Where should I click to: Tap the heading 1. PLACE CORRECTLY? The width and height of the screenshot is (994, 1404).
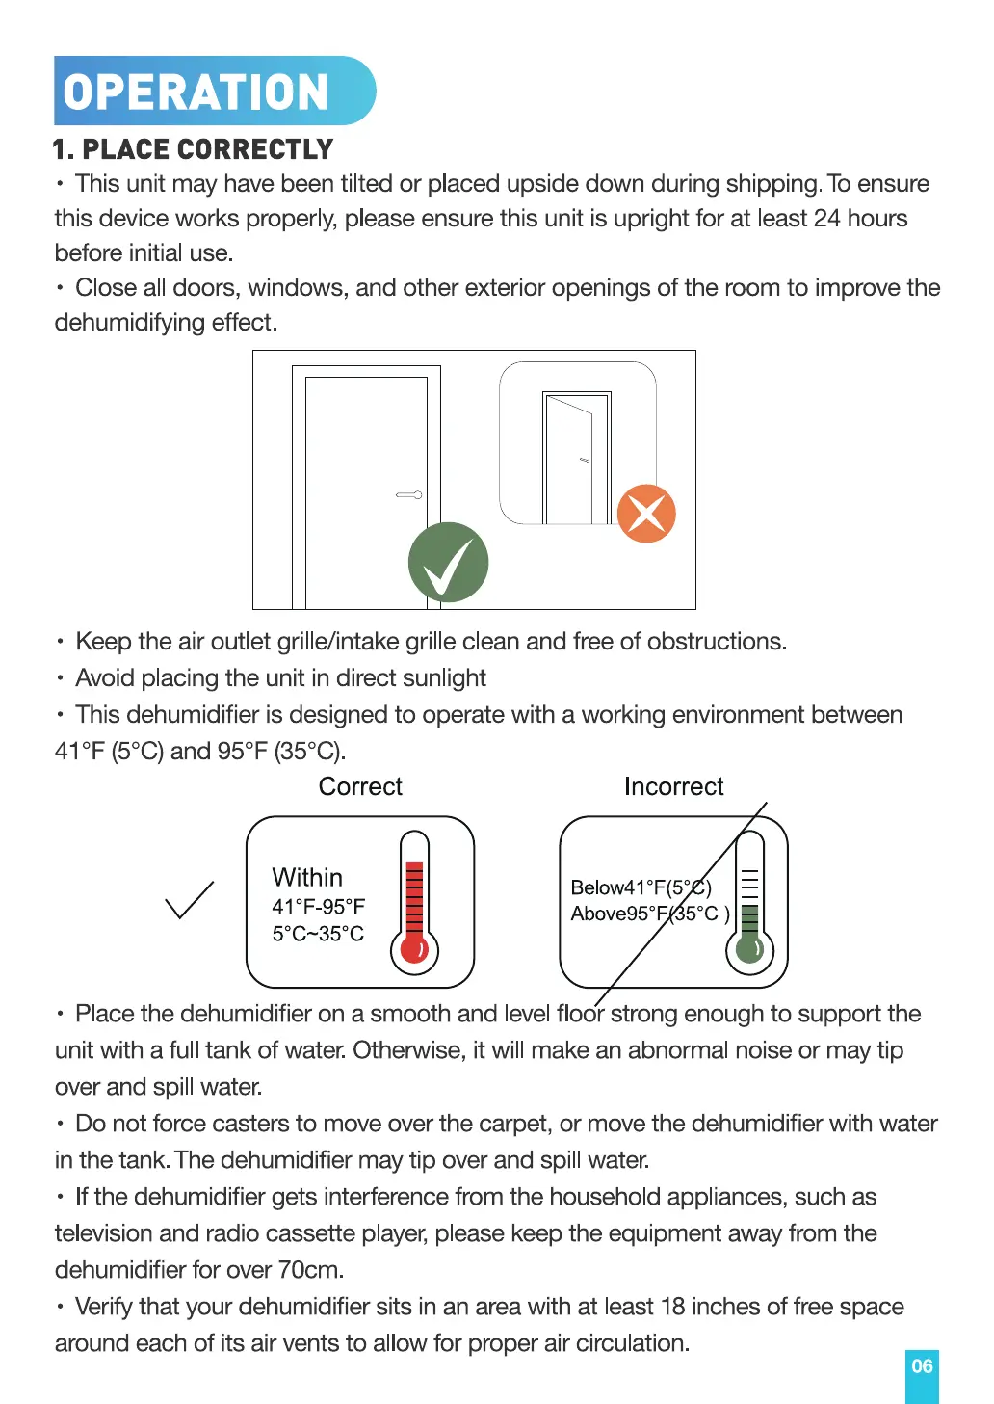coord(193,150)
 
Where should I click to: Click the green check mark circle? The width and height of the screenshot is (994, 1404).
coord(448,563)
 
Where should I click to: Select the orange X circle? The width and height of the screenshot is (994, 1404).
coord(646,514)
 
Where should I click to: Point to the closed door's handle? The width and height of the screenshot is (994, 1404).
coord(409,495)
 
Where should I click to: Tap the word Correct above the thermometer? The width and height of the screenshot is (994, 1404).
coord(360,787)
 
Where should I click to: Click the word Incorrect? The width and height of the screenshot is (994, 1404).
coord(673,787)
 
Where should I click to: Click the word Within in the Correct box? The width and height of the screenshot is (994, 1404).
coord(307,878)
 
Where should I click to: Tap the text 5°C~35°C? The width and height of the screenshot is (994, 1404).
coord(318,934)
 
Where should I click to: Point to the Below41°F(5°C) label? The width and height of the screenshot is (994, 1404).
coord(641,887)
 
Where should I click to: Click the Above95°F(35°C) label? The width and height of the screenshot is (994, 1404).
coord(650,914)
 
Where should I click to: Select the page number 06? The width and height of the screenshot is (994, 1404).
coord(922,1366)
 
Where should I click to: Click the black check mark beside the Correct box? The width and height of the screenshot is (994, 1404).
coord(189,900)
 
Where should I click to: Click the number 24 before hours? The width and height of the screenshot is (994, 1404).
coord(826,219)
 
